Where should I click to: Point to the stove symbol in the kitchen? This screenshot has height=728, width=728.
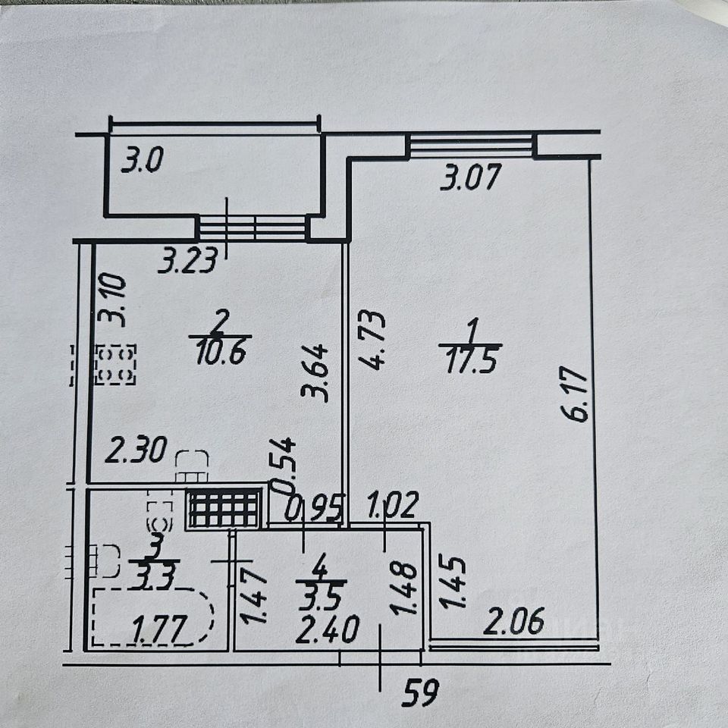pyautogui.click(x=115, y=365)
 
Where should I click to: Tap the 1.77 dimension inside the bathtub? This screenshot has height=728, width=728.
pyautogui.click(x=161, y=629)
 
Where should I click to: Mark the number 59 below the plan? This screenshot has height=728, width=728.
pyautogui.click(x=420, y=692)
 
